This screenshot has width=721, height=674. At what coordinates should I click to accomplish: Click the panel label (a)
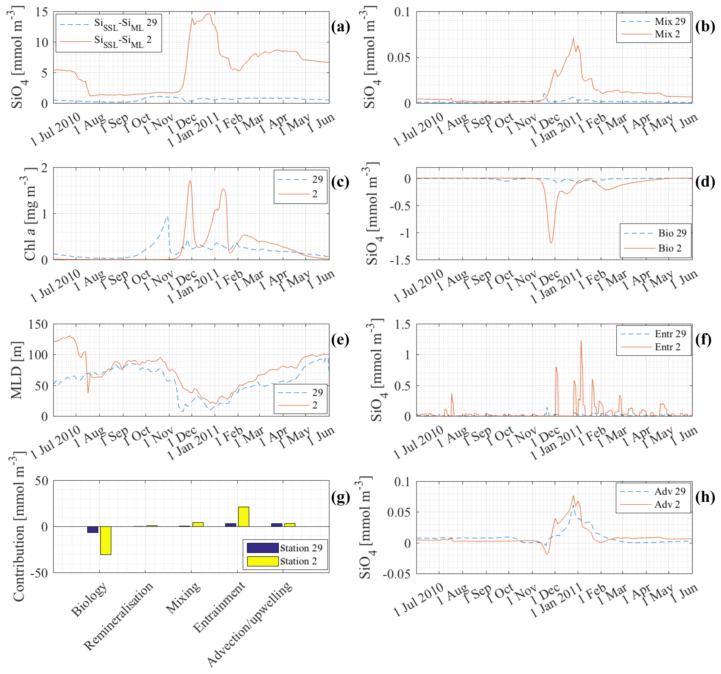click(x=340, y=27)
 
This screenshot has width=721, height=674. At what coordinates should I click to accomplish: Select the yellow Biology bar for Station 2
click(x=106, y=540)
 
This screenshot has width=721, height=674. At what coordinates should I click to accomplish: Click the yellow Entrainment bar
click(x=243, y=516)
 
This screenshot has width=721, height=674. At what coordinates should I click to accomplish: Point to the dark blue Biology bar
click(x=93, y=529)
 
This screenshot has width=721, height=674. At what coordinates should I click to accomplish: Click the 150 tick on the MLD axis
click(x=38, y=324)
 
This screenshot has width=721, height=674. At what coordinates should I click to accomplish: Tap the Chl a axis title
click(x=30, y=214)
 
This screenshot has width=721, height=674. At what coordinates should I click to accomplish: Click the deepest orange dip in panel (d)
click(x=551, y=242)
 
